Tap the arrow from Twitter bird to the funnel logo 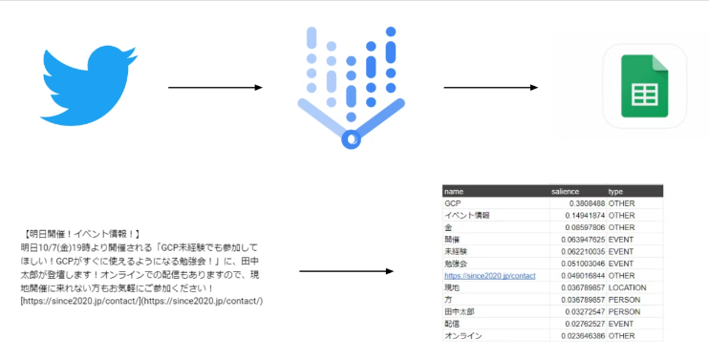[215, 88]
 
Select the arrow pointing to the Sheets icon [490, 88]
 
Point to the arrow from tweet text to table [346, 272]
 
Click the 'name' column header [454, 191]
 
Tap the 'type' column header [615, 191]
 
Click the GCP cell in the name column [452, 203]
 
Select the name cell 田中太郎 [461, 311]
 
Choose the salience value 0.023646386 [576, 336]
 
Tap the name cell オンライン [463, 336]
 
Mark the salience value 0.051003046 [576, 264]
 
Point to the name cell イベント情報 [467, 216]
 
